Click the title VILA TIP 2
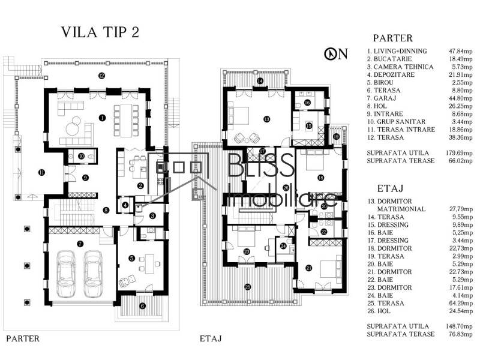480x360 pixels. (x=100, y=32)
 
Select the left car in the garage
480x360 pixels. (x=65, y=272)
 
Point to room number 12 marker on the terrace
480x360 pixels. (x=102, y=76)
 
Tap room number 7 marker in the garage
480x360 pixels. (x=80, y=244)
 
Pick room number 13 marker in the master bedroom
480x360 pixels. (x=266, y=119)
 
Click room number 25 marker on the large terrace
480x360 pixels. (x=247, y=287)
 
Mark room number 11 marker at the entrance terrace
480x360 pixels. (x=41, y=173)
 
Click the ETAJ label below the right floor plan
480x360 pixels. (x=211, y=338)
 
